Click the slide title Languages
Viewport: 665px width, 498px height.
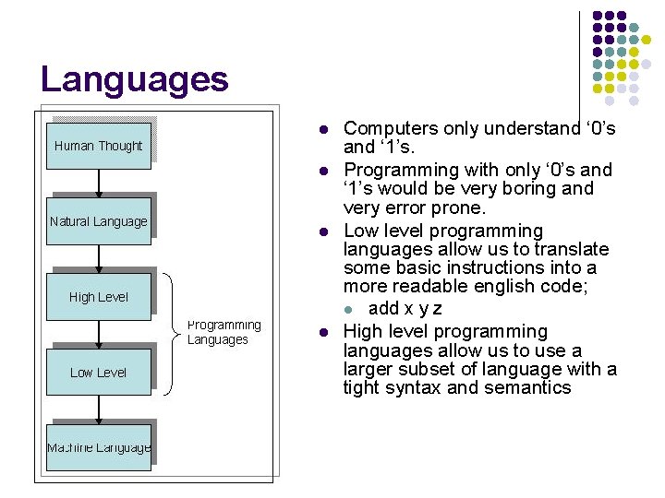[134, 79]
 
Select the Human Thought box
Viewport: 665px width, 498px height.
[98, 146]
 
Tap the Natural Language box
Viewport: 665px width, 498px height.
[98, 221]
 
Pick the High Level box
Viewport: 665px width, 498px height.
[98, 297]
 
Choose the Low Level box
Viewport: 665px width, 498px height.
[98, 373]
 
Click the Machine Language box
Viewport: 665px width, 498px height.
[98, 448]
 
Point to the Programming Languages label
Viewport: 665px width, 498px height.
[224, 332]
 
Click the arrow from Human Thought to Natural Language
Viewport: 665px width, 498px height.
[99, 183]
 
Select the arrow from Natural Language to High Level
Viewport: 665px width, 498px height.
[99, 258]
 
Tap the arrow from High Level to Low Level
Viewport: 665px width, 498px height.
[99, 334]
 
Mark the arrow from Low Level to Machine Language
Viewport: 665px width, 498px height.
[99, 409]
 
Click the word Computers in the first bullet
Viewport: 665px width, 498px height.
[389, 128]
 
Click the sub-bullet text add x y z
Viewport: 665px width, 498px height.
[405, 308]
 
